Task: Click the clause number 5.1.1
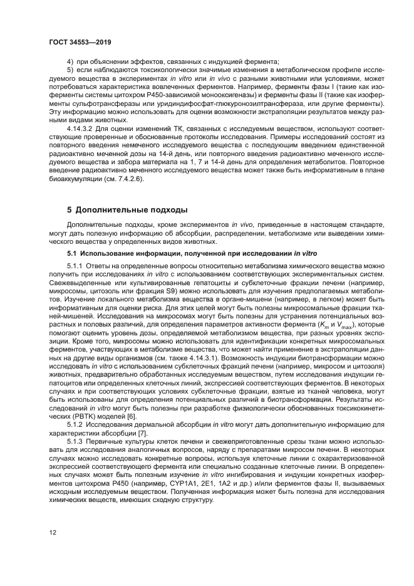(76, 266)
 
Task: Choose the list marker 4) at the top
(70, 61)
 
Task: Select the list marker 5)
(70, 70)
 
